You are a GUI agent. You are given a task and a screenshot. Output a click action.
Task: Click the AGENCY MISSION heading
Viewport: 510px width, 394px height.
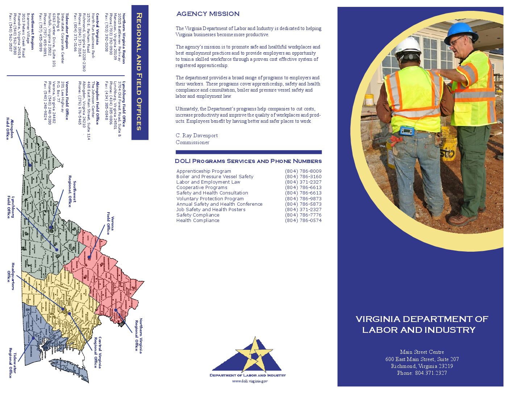click(x=208, y=14)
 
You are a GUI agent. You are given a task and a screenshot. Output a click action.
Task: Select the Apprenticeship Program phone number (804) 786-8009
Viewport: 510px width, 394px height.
click(x=303, y=171)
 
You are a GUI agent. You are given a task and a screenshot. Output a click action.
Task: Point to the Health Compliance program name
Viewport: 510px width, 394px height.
click(x=198, y=220)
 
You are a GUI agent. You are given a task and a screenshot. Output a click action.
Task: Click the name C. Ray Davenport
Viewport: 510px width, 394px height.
click(x=197, y=135)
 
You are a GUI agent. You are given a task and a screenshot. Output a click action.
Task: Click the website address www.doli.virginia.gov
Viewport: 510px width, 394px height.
click(x=250, y=381)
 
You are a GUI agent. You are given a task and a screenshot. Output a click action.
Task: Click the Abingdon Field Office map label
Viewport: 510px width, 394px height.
click(x=10, y=129)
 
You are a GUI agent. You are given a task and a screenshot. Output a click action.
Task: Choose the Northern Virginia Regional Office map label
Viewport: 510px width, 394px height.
click(x=139, y=335)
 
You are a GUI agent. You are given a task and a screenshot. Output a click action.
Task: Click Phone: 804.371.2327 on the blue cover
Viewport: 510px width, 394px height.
click(x=422, y=373)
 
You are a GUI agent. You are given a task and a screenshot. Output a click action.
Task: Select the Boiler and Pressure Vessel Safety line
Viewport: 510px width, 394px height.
click(x=215, y=176)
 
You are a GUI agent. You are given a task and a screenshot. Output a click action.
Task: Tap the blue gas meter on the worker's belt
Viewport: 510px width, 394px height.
click(x=406, y=131)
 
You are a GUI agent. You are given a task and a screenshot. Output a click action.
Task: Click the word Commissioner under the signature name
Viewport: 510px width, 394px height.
click(x=192, y=142)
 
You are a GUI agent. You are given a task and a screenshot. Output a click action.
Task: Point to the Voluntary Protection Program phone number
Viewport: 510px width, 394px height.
click(x=303, y=198)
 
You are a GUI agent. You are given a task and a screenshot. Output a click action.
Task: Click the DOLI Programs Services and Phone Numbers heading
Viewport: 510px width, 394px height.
click(x=248, y=161)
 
